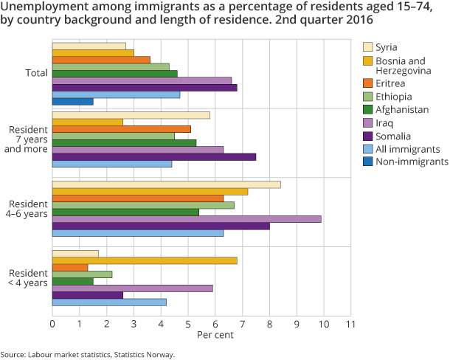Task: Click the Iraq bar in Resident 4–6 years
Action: (187, 219)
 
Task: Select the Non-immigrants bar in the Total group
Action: (72, 101)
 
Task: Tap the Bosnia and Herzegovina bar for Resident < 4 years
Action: (145, 260)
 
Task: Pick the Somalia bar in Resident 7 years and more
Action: (153, 157)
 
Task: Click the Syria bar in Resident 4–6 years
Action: (166, 184)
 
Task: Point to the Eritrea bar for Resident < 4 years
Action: (70, 267)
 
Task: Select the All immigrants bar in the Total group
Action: (116, 94)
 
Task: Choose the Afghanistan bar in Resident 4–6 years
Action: (125, 212)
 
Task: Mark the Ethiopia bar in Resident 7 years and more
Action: (113, 136)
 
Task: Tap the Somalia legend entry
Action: (395, 136)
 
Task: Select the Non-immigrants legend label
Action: (412, 162)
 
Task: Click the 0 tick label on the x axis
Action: (52, 323)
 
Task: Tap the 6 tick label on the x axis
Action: (215, 323)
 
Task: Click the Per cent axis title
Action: (215, 336)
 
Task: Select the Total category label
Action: (35, 73)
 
